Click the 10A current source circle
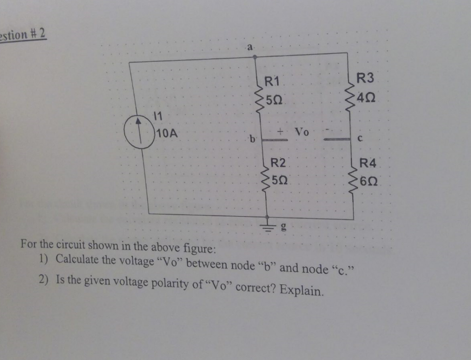click(140, 132)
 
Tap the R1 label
click(272, 83)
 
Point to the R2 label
click(278, 162)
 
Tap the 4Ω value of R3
click(368, 96)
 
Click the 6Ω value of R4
click(370, 181)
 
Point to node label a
click(250, 46)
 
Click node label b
click(251, 137)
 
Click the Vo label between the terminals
click(302, 132)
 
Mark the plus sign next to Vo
click(279, 131)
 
